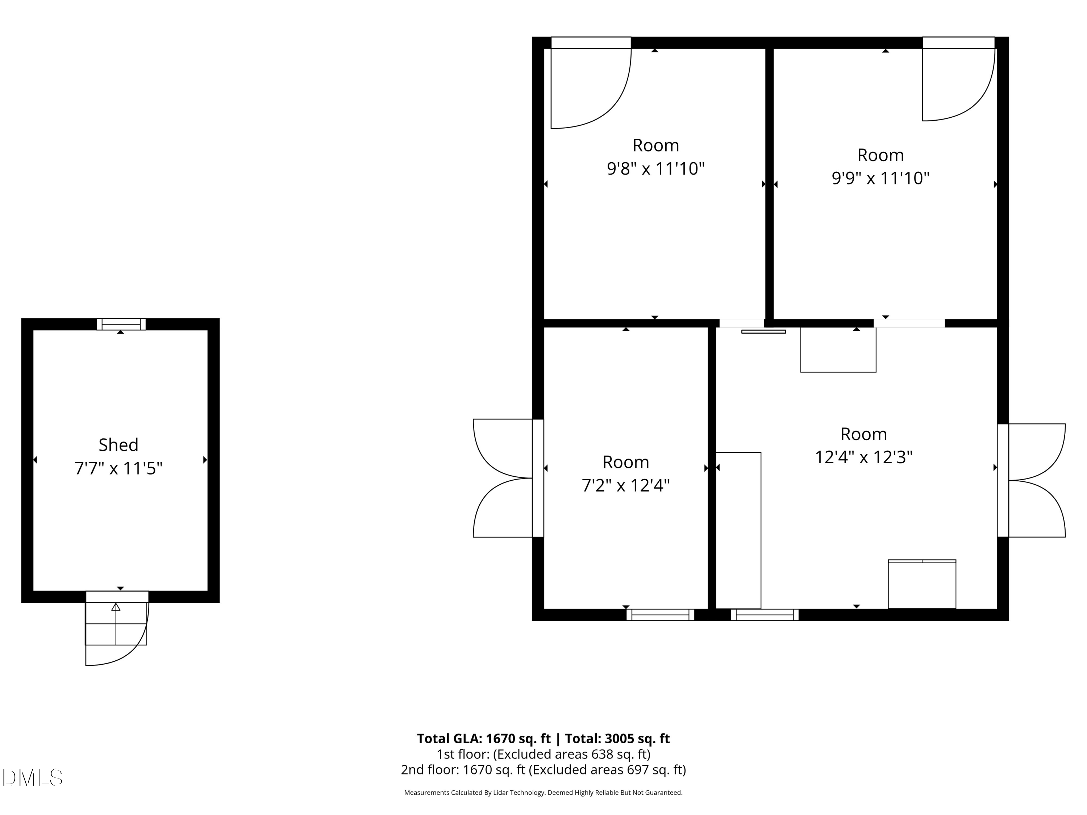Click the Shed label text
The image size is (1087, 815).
118,445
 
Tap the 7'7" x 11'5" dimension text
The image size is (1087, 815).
118,468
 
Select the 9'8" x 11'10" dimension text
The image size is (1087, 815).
655,169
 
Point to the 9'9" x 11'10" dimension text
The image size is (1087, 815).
880,178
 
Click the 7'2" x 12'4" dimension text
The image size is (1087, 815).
625,486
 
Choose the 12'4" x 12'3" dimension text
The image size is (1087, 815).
863,457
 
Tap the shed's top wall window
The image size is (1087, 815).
121,324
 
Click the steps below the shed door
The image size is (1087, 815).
116,624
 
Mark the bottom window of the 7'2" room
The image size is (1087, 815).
660,615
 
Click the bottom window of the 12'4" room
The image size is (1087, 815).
764,615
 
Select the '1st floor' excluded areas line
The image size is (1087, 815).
543,754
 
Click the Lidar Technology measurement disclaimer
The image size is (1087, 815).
543,793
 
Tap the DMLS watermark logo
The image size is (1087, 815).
33,778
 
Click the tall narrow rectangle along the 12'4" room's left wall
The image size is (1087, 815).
738,531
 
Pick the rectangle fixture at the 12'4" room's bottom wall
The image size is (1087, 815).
921,584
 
